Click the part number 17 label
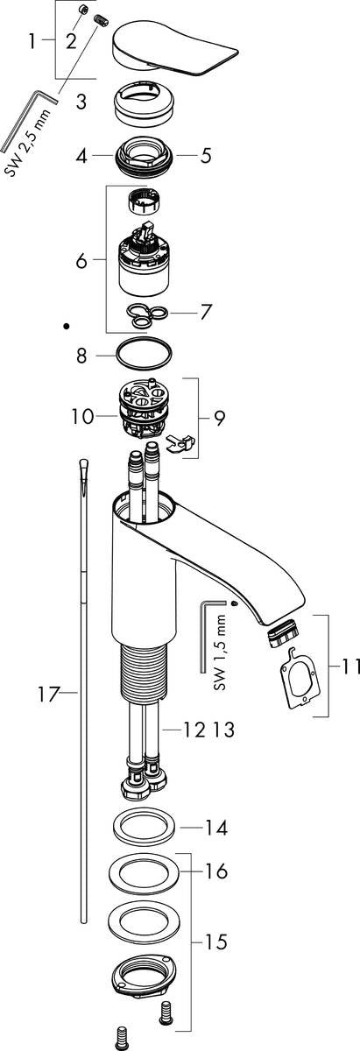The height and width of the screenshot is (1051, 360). point(48,696)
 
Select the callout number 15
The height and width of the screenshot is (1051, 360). point(215,942)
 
